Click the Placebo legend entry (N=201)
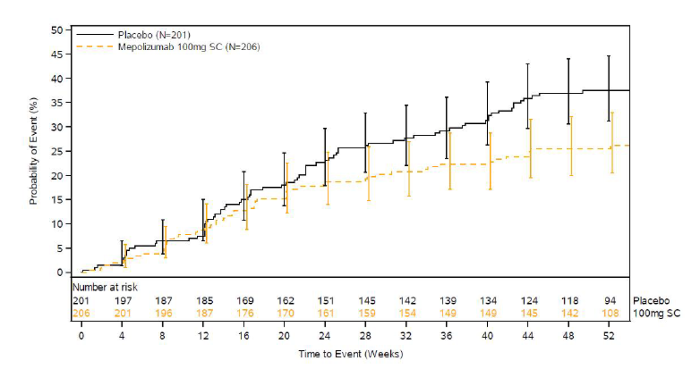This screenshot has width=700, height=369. pyautogui.click(x=154, y=35)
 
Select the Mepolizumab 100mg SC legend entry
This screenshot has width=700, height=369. pyautogui.click(x=188, y=47)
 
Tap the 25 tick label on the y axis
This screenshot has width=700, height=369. pyautogui.click(x=58, y=151)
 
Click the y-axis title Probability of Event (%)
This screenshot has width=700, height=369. pyautogui.click(x=33, y=151)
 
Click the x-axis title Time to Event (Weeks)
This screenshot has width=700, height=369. pyautogui.click(x=350, y=354)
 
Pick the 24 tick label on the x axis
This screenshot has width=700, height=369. pyautogui.click(x=325, y=336)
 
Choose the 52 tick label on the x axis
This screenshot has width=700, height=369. pyautogui.click(x=608, y=336)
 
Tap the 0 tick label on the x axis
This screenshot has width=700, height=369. pyautogui.click(x=81, y=336)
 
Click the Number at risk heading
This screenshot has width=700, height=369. pyautogui.click(x=105, y=287)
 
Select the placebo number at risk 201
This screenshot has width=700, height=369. pyautogui.click(x=81, y=301)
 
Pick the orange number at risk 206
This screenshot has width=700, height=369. pyautogui.click(x=81, y=313)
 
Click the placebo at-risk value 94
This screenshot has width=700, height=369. pyautogui.click(x=610, y=301)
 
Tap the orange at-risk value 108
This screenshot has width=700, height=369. pyautogui.click(x=610, y=313)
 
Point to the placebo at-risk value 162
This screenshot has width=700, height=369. pyautogui.click(x=285, y=301)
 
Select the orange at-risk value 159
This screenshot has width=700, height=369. pyautogui.click(x=366, y=313)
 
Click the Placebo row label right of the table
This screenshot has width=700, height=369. pyautogui.click(x=651, y=301)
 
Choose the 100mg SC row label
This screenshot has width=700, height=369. pyautogui.click(x=656, y=313)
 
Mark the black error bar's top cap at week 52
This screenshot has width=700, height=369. pyautogui.click(x=608, y=56)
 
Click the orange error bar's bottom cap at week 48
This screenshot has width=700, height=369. pyautogui.click(x=571, y=175)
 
